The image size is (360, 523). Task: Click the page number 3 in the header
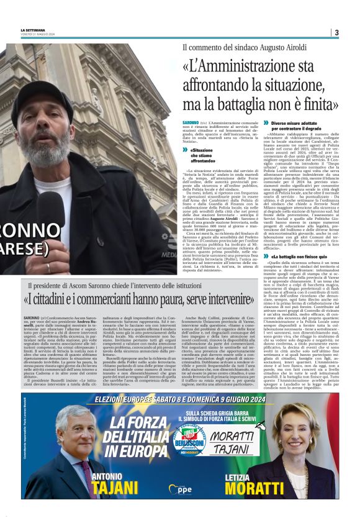click(336, 32)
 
